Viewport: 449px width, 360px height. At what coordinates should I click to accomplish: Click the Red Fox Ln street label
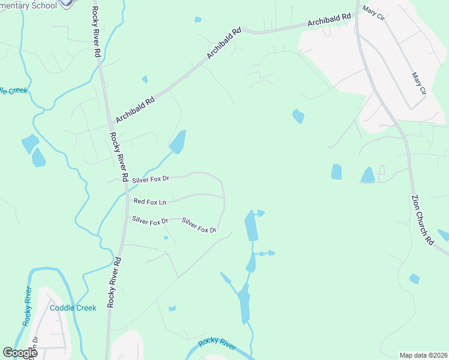[149, 202]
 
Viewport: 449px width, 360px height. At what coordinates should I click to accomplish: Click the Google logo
[20, 353]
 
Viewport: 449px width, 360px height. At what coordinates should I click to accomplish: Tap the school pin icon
[68, 3]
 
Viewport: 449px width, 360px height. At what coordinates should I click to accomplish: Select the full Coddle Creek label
[73, 308]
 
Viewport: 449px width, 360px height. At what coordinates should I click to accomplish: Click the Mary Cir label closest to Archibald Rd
[374, 13]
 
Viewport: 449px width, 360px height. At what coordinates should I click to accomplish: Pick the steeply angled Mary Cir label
[418, 85]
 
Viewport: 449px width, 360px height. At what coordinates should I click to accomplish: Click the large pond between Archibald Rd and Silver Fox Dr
[178, 142]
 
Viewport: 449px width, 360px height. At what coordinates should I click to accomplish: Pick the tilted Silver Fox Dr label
[199, 226]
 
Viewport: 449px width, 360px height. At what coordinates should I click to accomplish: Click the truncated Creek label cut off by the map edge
[13, 91]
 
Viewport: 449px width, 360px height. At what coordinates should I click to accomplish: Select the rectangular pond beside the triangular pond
[336, 172]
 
